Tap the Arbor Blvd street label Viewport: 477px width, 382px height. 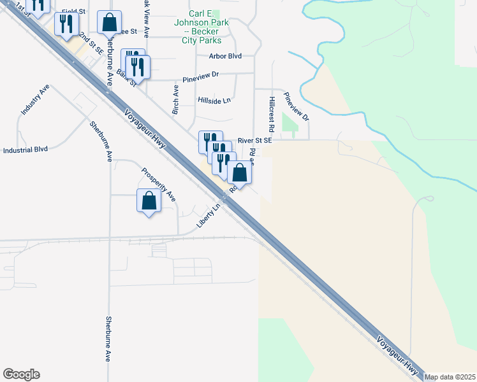tap(225, 56)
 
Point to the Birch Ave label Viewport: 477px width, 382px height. tap(175, 101)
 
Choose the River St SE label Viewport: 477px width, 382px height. tap(254, 140)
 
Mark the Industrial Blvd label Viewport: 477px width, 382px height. tap(26, 150)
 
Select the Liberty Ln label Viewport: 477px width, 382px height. tap(208, 216)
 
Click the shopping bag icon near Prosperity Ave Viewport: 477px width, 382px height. tap(149, 201)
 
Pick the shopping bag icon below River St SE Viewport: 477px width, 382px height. tap(239, 173)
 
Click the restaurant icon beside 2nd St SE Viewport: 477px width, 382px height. tap(67, 25)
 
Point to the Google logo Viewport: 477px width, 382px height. tap(21, 374)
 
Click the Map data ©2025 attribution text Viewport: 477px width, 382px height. tap(450, 377)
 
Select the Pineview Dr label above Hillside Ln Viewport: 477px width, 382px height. tap(200, 77)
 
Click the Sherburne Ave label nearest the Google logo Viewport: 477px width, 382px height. tap(108, 339)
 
